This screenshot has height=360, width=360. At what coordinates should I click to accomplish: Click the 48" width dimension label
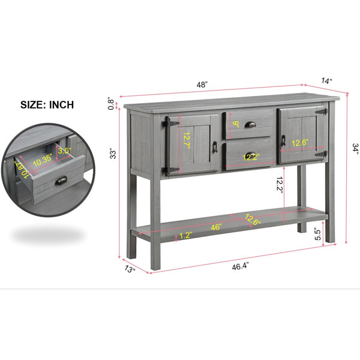[x=202, y=85]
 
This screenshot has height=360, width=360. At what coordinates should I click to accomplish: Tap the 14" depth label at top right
[x=326, y=81]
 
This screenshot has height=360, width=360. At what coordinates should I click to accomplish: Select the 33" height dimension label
[x=113, y=154]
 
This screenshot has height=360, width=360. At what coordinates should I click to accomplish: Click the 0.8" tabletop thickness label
[x=111, y=104]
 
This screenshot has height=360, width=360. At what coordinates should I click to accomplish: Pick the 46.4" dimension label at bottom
[x=240, y=266]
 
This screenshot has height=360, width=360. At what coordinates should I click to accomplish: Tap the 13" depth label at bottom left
[x=130, y=269]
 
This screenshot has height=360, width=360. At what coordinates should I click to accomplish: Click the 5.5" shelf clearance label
[x=318, y=234]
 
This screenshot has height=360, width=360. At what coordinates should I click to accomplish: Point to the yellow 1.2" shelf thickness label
[x=185, y=236]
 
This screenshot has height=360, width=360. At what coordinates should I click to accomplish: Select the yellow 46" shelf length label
[x=216, y=227]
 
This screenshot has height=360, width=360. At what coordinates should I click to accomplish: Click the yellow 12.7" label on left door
[x=187, y=140]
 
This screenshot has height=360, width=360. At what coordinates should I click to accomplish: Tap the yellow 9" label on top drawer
[x=236, y=124]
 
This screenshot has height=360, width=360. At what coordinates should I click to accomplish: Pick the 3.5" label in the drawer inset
[x=65, y=151]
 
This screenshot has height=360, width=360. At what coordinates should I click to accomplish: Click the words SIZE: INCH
[x=47, y=104]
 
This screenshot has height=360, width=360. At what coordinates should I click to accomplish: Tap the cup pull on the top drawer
[x=250, y=124]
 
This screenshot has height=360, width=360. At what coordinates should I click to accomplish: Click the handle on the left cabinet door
[x=215, y=147]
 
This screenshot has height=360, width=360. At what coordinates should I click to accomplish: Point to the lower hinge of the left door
[x=170, y=170]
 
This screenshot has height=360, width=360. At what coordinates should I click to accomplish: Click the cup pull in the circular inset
[x=61, y=180]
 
